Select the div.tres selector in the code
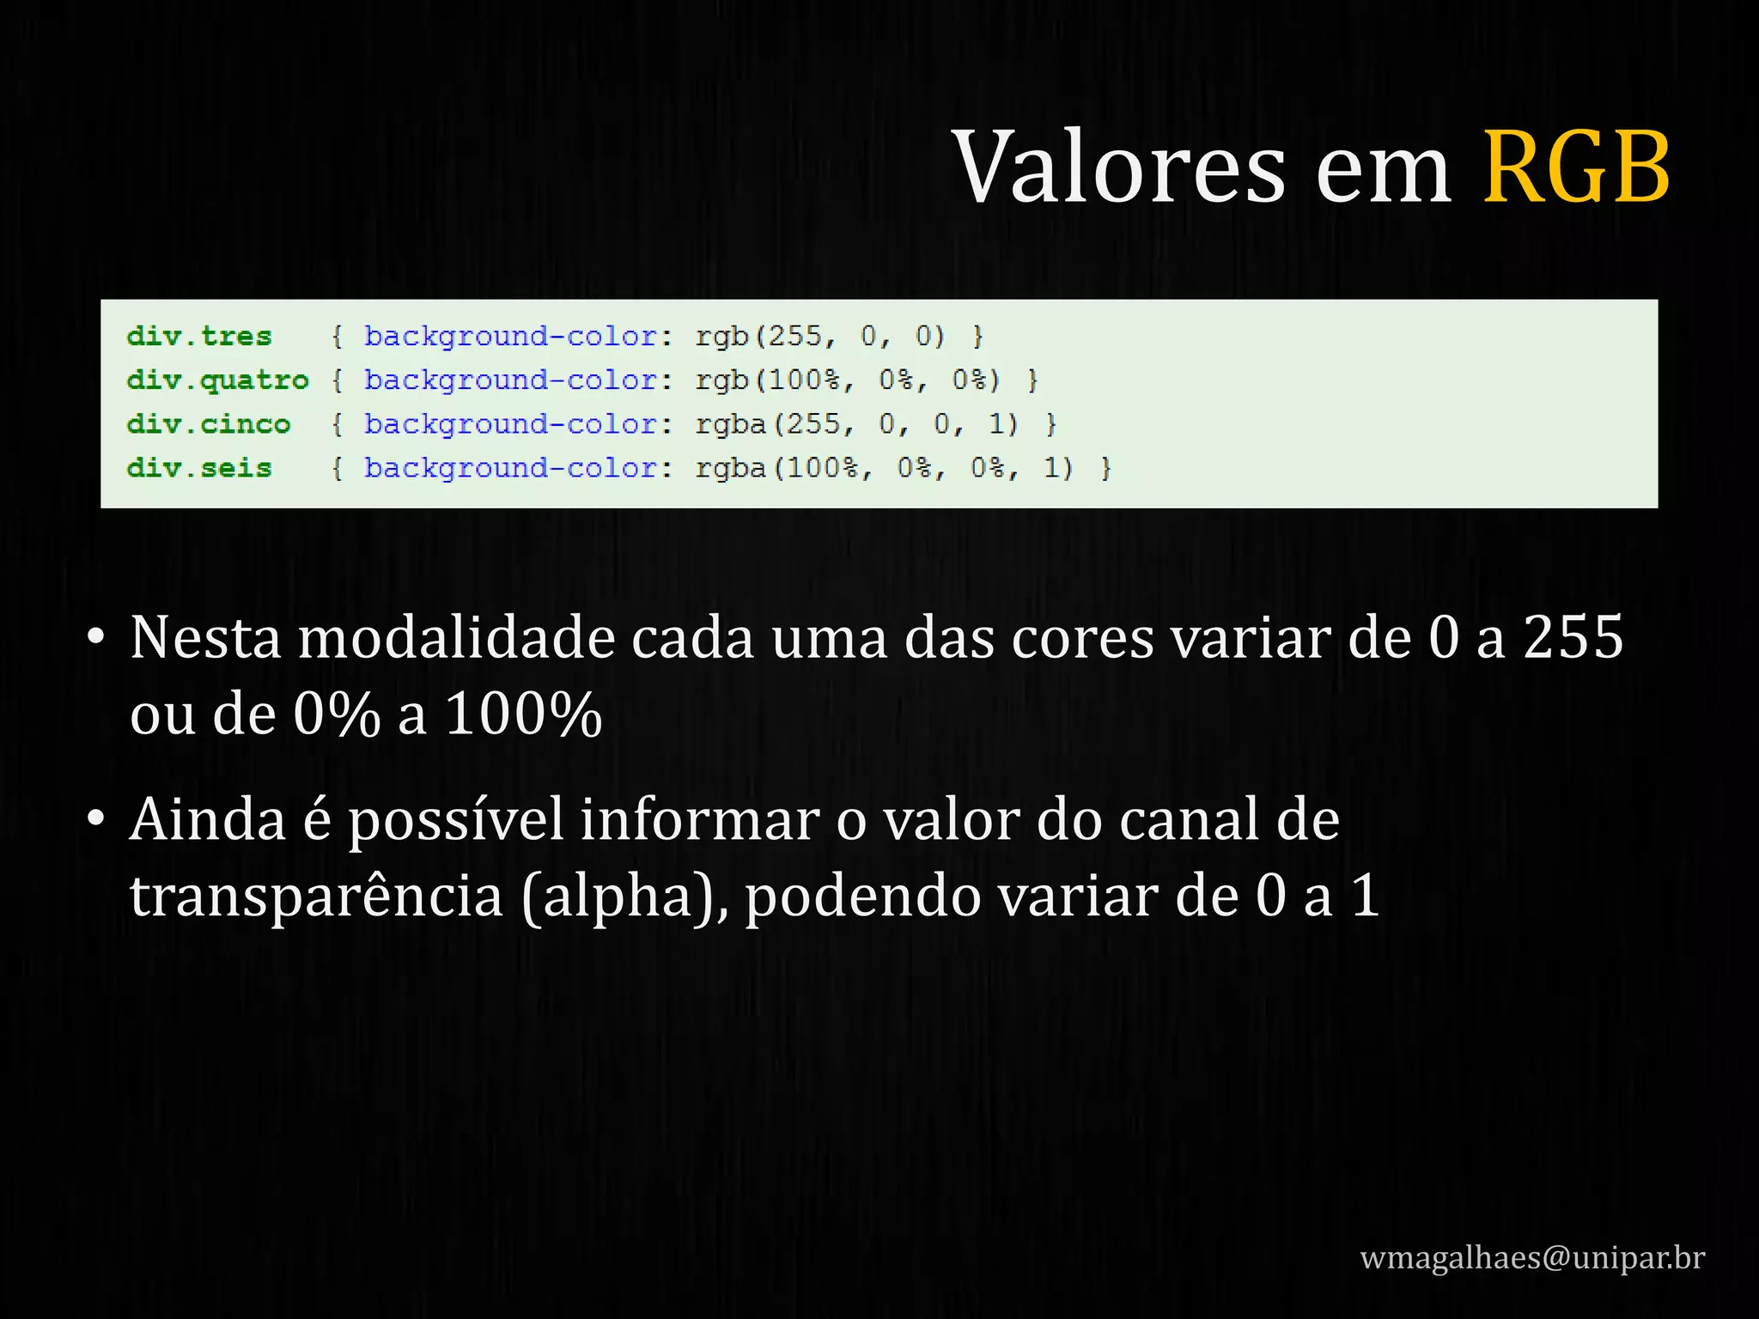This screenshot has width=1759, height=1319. coord(199,336)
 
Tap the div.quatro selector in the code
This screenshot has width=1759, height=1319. coord(217,380)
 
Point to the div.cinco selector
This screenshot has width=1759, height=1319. coord(209,424)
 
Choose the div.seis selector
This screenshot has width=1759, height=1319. coord(199,468)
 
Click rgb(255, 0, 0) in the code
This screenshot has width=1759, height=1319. coord(820,336)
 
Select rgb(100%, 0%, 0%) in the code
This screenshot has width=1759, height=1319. coord(848,380)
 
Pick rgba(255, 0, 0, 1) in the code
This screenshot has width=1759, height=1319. coord(857,424)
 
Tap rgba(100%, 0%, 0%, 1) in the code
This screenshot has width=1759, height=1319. coord(885,468)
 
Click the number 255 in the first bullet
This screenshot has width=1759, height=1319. coord(1573,638)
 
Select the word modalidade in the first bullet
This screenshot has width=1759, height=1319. coord(456,638)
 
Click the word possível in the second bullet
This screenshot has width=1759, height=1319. coord(456,821)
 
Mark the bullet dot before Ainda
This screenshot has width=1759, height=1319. coord(96,819)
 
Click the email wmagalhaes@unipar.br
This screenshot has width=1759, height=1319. coord(1532,1257)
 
